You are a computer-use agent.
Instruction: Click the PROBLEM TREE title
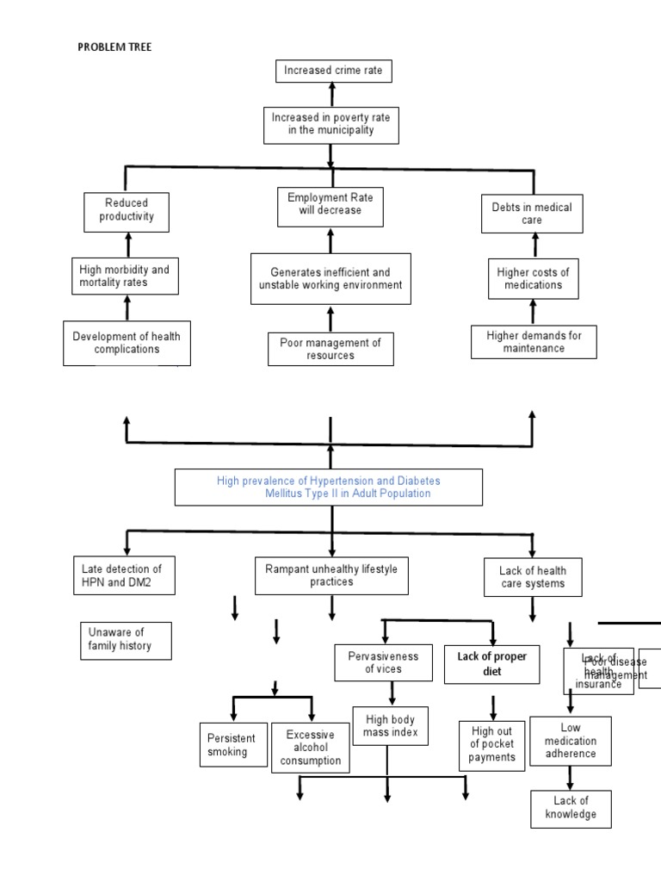(x=114, y=47)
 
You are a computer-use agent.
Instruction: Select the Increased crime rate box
(x=334, y=71)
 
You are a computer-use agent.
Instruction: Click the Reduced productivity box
(x=127, y=211)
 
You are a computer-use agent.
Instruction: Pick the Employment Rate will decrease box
(x=330, y=205)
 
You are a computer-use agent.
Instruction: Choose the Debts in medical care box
(x=531, y=214)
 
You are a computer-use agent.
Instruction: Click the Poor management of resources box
(x=330, y=349)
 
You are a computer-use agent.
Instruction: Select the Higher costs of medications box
(x=533, y=278)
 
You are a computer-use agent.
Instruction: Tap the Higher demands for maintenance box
(x=534, y=342)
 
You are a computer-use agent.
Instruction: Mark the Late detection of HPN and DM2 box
(x=127, y=575)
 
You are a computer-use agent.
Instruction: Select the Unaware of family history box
(x=125, y=640)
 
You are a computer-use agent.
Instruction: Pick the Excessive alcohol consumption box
(x=311, y=748)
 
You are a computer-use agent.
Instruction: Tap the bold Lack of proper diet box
(x=492, y=663)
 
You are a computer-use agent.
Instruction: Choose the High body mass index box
(x=387, y=726)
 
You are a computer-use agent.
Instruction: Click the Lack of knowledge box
(x=570, y=808)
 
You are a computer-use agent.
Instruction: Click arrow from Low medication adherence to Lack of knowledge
(x=569, y=778)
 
